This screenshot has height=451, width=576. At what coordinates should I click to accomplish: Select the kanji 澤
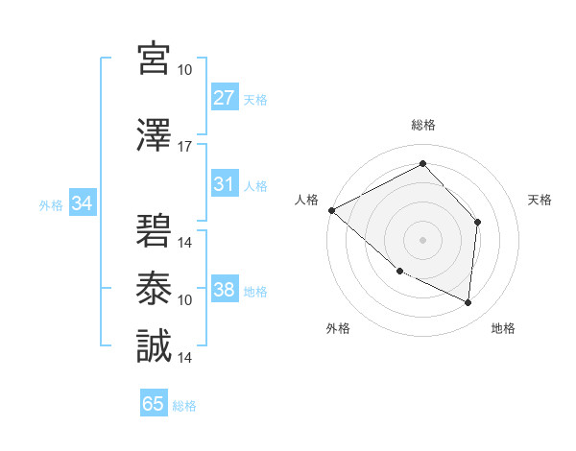(x=154, y=136)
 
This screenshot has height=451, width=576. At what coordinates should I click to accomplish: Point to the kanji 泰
(x=154, y=288)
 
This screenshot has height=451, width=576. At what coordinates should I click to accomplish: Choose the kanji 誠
(x=154, y=346)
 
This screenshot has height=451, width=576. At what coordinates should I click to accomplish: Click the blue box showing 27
(x=225, y=99)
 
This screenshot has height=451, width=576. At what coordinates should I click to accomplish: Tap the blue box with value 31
(x=225, y=185)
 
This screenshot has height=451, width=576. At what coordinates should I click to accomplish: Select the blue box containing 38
(x=225, y=291)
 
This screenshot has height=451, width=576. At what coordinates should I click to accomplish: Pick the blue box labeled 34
(x=83, y=203)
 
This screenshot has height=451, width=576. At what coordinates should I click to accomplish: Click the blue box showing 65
(x=154, y=404)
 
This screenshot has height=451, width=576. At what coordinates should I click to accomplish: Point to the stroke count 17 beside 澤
(x=185, y=147)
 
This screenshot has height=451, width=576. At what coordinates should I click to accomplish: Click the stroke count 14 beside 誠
(x=185, y=357)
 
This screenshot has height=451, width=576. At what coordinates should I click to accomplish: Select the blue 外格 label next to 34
(x=51, y=204)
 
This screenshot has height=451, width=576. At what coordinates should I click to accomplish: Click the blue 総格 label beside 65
(x=184, y=405)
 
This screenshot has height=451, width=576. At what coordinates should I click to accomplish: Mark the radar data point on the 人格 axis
(x=331, y=210)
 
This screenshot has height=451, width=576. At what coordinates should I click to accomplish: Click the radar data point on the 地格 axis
(x=468, y=303)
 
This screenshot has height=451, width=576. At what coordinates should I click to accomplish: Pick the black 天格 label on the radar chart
(x=540, y=200)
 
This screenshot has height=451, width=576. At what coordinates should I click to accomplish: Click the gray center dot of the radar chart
(x=422, y=239)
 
